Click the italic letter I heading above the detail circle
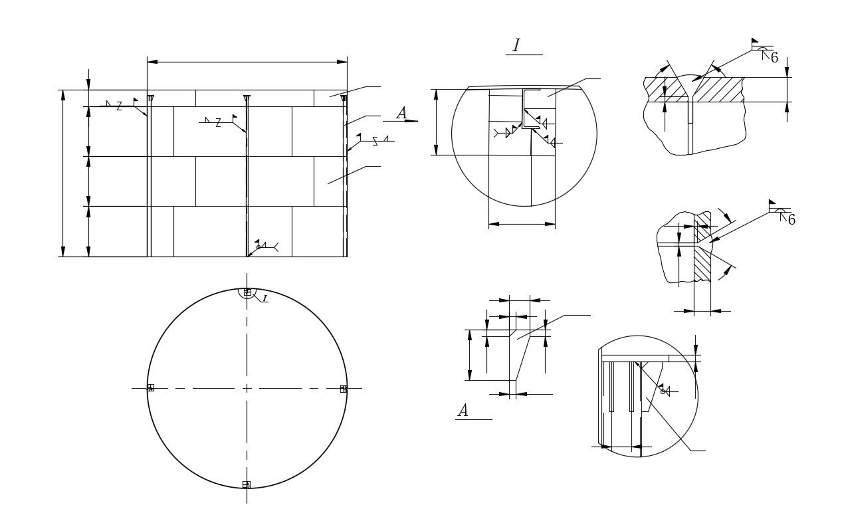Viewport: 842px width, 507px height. (516, 46)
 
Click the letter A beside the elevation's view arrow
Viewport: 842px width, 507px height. (401, 114)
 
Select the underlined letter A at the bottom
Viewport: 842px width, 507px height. (463, 411)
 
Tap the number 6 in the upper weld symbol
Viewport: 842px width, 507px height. (774, 58)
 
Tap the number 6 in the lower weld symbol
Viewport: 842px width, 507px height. (791, 220)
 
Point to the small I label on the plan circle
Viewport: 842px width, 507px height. (264, 299)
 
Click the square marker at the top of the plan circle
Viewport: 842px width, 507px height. (247, 292)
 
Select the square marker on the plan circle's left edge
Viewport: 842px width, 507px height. (150, 387)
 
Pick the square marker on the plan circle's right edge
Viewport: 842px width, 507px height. (344, 389)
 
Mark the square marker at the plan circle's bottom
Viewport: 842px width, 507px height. (247, 484)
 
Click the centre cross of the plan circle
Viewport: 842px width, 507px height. (247, 388)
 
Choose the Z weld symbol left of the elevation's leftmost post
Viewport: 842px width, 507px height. (119, 106)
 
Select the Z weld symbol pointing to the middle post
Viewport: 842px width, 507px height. (217, 123)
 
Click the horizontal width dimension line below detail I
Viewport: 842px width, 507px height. (522, 224)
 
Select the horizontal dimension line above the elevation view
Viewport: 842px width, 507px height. (247, 62)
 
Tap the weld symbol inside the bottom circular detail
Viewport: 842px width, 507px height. (665, 391)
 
